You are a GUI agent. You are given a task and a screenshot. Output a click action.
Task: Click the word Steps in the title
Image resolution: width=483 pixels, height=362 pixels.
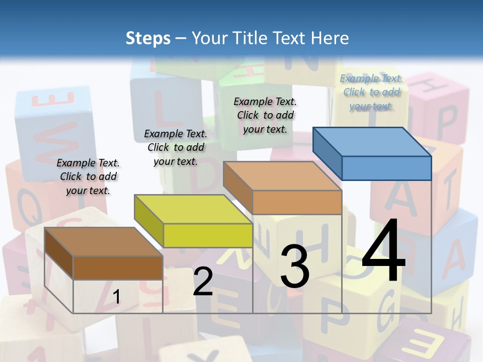point(148,38)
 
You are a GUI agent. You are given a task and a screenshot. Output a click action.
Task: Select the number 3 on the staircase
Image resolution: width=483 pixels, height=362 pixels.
point(294,266)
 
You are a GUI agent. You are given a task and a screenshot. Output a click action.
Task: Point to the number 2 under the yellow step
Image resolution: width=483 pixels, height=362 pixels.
point(203,282)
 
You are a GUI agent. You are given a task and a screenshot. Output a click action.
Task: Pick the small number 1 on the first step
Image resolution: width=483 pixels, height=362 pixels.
point(116,297)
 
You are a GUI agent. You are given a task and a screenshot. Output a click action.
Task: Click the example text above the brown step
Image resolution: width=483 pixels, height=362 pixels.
point(88,176)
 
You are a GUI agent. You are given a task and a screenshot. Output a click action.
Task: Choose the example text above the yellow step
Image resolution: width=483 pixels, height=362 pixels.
point(176,147)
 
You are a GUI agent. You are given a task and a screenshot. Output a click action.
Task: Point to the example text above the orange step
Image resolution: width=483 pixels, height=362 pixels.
point(265,115)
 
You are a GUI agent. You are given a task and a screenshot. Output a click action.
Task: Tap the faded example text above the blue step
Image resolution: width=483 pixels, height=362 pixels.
point(371,92)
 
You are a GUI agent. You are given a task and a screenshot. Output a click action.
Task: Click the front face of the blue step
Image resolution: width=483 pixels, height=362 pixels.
point(386,168)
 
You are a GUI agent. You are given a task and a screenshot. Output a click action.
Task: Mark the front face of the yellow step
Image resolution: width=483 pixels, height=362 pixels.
point(208,235)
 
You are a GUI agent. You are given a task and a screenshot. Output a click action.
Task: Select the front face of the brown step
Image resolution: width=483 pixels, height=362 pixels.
point(118,267)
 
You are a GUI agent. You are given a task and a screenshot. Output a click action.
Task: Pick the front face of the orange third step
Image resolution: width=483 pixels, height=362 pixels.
point(297,202)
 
